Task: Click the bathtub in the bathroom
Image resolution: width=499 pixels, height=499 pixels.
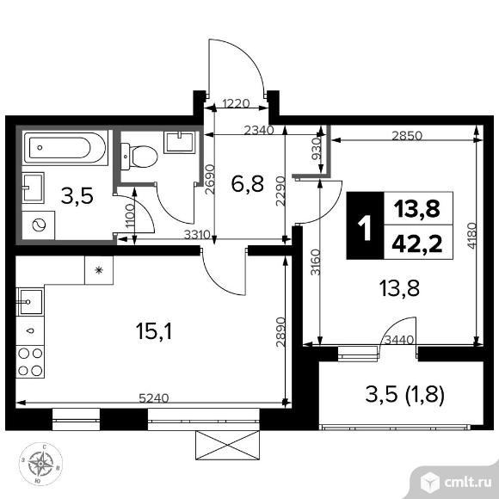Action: [65, 150]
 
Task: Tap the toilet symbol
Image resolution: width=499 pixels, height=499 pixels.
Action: [141, 156]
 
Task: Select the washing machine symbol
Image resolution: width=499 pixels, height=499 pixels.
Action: [38, 223]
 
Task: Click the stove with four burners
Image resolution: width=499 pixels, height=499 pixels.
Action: [31, 361]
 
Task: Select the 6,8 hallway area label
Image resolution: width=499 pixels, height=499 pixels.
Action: [248, 182]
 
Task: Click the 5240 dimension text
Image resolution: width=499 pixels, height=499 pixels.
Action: [152, 397]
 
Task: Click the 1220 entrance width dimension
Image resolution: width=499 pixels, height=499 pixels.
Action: [237, 105]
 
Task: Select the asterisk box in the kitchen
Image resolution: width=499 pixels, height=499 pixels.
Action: [98, 270]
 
